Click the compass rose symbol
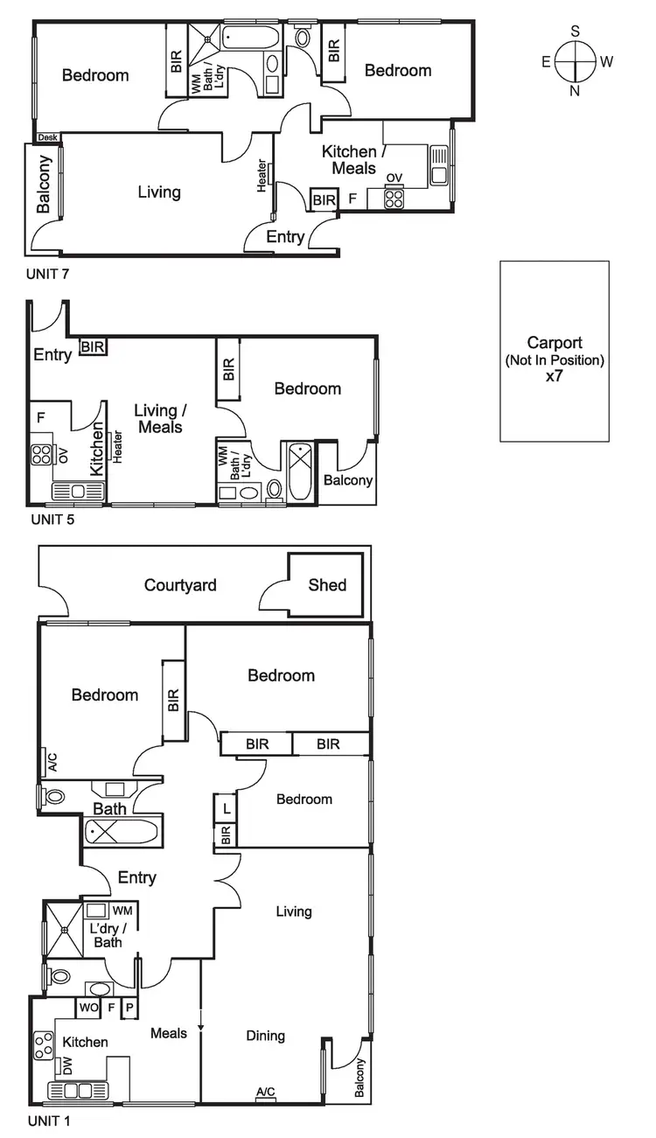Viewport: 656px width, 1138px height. [x=575, y=61]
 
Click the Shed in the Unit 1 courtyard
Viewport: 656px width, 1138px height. [x=327, y=585]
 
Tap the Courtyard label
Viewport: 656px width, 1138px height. [x=180, y=585]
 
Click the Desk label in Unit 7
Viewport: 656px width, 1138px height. [x=47, y=137]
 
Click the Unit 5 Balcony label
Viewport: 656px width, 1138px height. [x=348, y=480]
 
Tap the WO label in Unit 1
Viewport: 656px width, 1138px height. [x=87, y=1008]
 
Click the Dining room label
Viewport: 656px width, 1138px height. [x=265, y=1036]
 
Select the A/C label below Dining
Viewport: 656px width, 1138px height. [x=265, y=1092]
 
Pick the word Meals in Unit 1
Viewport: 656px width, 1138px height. [x=169, y=1033]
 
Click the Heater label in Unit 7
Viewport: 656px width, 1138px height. [x=261, y=176]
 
